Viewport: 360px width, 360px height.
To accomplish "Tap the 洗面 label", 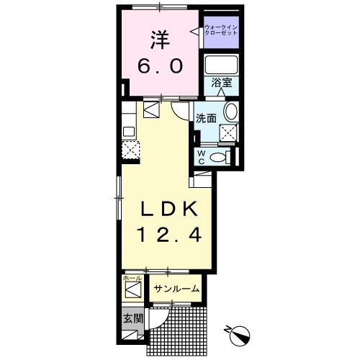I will tap(207, 117).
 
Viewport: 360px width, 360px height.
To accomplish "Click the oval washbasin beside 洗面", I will tap(230, 112).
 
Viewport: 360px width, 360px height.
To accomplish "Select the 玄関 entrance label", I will tap(132, 318).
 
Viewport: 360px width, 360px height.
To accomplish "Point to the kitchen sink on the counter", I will tap(129, 132).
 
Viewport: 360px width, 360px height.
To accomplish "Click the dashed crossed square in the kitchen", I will tap(130, 150).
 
